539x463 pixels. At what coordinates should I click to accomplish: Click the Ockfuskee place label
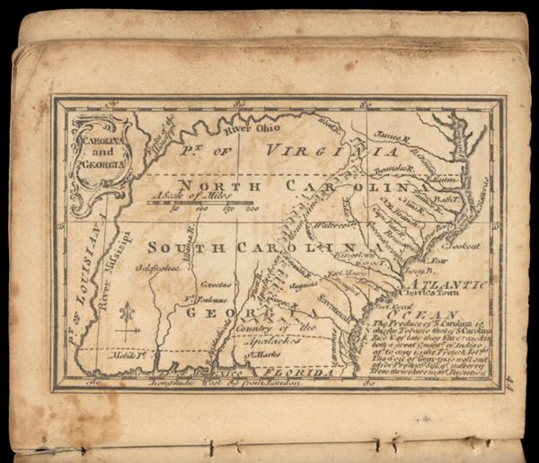click(158, 267)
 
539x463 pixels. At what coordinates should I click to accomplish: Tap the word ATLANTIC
click(458, 281)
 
